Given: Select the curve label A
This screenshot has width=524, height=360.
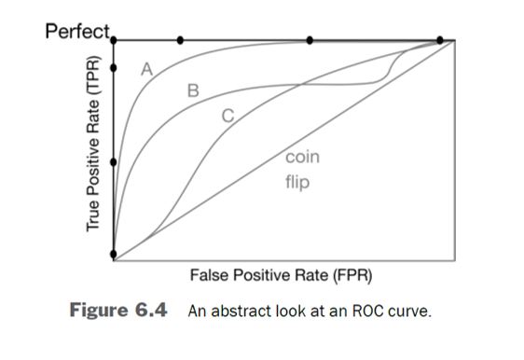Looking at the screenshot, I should tap(145, 68).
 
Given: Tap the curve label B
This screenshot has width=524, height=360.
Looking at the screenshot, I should tap(193, 90).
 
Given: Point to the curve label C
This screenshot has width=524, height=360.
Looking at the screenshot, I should tap(227, 116).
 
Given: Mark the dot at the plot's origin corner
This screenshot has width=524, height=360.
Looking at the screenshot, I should tap(113, 255).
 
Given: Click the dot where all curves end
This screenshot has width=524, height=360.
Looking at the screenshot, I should tap(439, 40).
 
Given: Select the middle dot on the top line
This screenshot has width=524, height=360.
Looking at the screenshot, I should tap(309, 40).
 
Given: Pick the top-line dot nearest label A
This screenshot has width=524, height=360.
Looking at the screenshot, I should tap(180, 40).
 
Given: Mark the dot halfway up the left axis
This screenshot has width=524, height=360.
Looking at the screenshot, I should tap(113, 161).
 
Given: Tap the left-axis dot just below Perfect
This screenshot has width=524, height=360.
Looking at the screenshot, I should tap(113, 68).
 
